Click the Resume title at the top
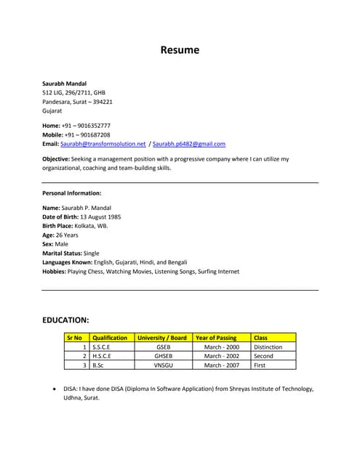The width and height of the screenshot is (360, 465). [x=180, y=50]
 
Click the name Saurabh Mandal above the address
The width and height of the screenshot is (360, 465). [x=64, y=84]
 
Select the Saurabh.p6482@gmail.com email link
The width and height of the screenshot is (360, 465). [x=189, y=144]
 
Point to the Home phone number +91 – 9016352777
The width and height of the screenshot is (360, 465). [x=86, y=126]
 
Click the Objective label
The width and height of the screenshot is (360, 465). [x=56, y=158]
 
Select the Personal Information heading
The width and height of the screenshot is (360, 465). [x=71, y=193]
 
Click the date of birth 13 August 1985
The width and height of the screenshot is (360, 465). [x=101, y=217]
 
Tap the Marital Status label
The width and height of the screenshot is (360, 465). [x=62, y=253]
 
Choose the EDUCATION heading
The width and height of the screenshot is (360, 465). [x=65, y=320]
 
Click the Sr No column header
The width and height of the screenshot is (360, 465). [x=74, y=338]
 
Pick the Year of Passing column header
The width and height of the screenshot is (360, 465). [x=216, y=338]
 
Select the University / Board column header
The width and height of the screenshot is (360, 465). [x=162, y=338]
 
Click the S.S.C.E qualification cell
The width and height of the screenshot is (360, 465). [x=101, y=347]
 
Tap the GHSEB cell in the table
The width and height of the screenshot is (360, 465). [x=163, y=356]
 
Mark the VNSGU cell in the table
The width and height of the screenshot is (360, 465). [x=163, y=365]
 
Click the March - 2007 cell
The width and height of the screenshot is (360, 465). [x=221, y=365]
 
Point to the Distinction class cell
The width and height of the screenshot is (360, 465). [x=268, y=347]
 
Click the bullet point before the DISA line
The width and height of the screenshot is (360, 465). [x=56, y=389]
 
